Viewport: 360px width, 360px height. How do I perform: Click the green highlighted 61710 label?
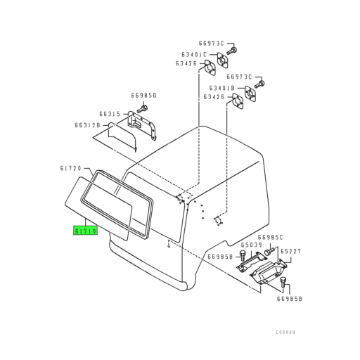(85, 231)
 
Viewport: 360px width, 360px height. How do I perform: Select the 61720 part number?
(70, 168)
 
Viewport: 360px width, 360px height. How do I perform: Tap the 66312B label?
(87, 125)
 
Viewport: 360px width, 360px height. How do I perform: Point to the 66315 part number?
(110, 114)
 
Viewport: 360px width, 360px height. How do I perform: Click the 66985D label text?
(143, 96)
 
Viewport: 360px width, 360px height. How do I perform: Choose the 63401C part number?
(194, 55)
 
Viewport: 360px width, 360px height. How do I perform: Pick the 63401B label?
(222, 88)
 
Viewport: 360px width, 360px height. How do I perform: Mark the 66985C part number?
(271, 238)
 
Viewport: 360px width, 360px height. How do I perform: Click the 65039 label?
(251, 245)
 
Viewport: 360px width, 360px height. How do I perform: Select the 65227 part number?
(291, 251)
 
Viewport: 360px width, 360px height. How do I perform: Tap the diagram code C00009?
(285, 333)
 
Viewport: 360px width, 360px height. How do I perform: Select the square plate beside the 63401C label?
(222, 60)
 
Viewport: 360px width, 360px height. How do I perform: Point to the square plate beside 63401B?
(250, 94)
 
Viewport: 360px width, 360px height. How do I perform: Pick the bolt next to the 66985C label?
(269, 252)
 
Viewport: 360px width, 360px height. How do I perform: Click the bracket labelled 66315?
(141, 126)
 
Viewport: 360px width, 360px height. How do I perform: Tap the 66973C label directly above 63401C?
(212, 44)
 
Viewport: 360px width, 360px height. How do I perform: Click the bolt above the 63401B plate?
(259, 84)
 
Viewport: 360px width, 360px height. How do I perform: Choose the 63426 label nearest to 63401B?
(214, 97)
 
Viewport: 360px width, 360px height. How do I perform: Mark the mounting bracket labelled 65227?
(269, 271)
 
